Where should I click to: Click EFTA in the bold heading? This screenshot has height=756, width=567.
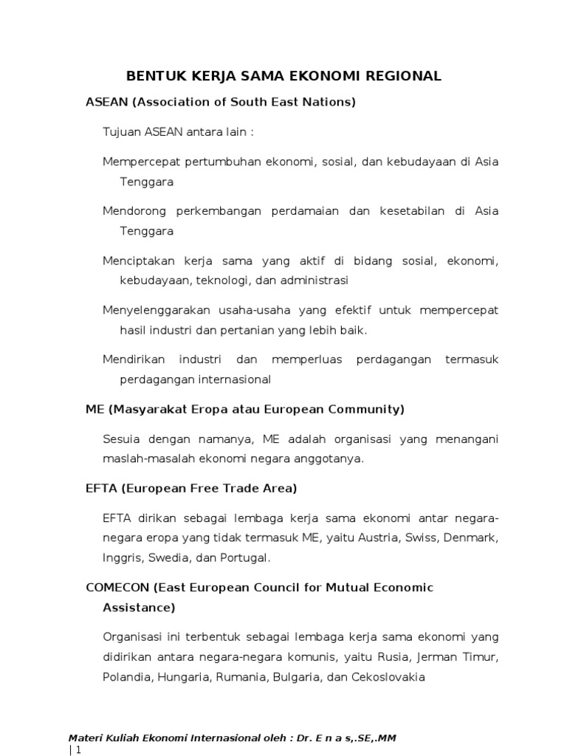(x=100, y=488)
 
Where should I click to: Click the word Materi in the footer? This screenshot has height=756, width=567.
(x=85, y=738)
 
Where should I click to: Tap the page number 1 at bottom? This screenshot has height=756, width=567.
(x=75, y=750)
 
